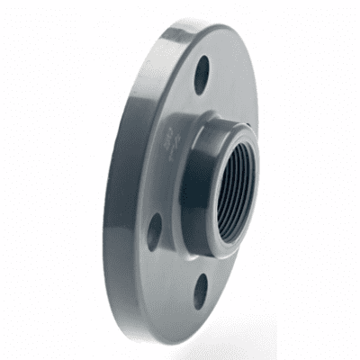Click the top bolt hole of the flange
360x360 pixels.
[x=202, y=76]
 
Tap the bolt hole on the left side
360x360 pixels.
[x=156, y=230]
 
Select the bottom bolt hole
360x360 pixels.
[x=201, y=291]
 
